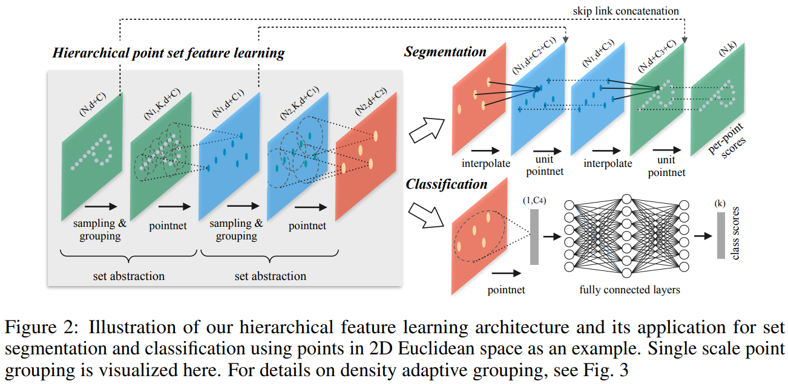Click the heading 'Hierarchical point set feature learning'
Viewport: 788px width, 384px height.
tap(168, 53)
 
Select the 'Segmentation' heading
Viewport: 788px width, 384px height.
tap(445, 52)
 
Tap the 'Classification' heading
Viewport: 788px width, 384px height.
tap(446, 184)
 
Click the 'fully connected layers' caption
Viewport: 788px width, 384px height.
tap(629, 290)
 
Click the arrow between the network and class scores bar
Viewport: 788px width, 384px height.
tap(702, 237)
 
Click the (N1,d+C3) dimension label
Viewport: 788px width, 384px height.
tap(597, 58)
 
